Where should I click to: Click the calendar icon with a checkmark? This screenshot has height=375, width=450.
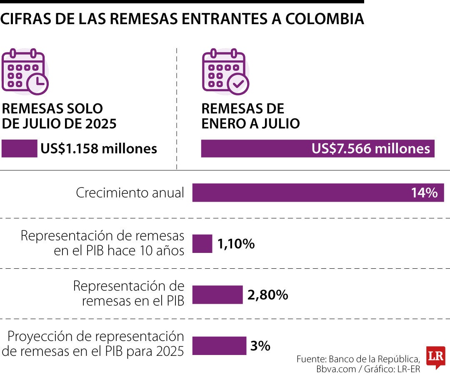click(225, 72)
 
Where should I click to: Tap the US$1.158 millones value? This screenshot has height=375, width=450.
click(99, 149)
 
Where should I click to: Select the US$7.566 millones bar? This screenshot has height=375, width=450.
click(317, 149)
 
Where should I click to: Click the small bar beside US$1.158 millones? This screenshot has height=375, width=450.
click(19, 149)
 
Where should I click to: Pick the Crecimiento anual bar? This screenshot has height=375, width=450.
click(300, 193)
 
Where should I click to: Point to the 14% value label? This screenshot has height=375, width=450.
click(424, 193)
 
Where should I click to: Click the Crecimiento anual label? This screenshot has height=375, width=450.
click(130, 193)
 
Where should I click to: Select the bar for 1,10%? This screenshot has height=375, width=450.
click(202, 244)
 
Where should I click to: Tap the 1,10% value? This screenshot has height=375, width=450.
click(236, 244)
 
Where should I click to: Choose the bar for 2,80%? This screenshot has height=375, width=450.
click(217, 295)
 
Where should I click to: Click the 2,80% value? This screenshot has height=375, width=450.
click(267, 295)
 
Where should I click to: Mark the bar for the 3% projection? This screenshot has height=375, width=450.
click(219, 345)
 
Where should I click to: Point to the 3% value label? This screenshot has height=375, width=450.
click(260, 346)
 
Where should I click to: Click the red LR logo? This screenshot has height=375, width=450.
click(435, 357)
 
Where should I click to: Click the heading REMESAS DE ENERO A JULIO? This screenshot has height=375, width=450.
click(250, 116)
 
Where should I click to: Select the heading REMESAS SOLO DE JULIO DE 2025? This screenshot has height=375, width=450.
click(59, 116)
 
